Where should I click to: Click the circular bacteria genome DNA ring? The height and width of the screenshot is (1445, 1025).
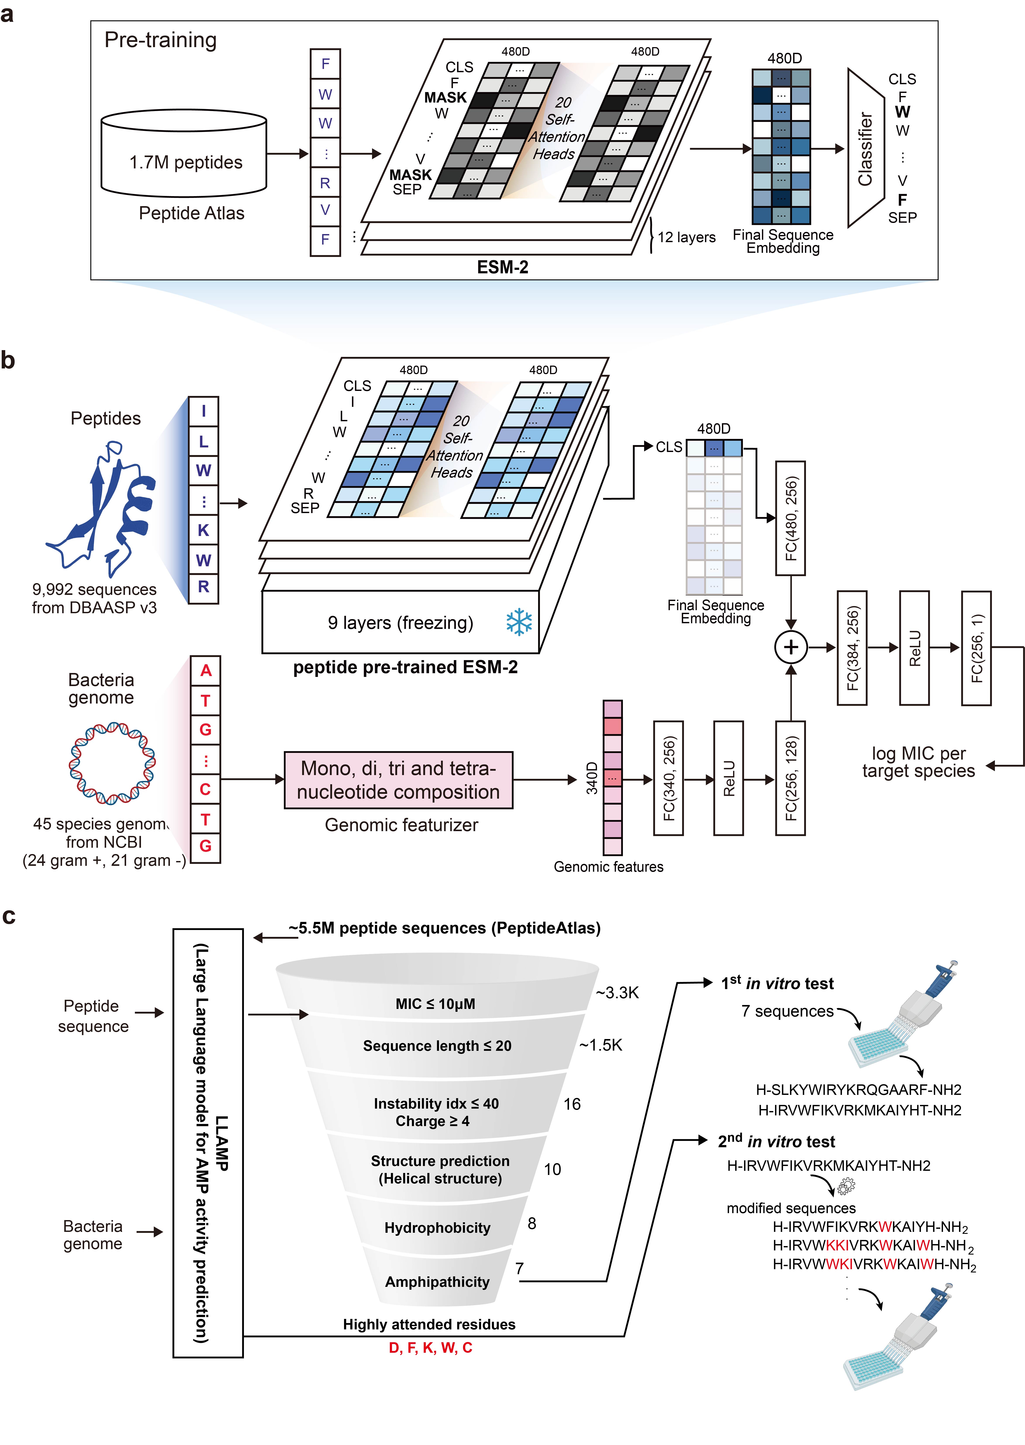[x=112, y=764]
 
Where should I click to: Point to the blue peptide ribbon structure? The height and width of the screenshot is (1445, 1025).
[x=104, y=508]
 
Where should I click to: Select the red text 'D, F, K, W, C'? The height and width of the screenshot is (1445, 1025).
[x=430, y=1348]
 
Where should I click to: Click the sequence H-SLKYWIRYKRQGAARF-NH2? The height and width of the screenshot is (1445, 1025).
[x=858, y=1090]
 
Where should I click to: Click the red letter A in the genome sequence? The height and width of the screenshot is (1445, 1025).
[x=206, y=671]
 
